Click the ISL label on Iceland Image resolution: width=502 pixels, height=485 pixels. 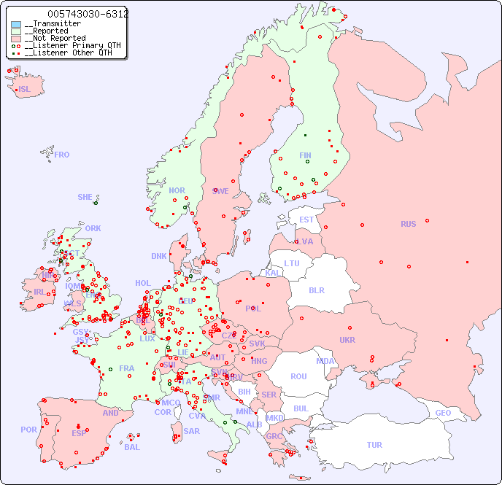[x=25, y=90]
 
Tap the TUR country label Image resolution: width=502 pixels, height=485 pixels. [x=374, y=445]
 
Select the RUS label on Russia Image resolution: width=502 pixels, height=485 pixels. [x=408, y=224]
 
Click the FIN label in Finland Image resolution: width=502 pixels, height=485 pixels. [x=305, y=155]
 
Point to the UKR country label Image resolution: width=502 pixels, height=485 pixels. [x=347, y=340]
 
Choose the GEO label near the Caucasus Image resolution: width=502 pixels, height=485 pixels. [x=443, y=413]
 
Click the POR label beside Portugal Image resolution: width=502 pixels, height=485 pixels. [x=28, y=430]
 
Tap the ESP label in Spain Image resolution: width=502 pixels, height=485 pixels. [x=79, y=433]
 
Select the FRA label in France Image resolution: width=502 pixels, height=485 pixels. [x=127, y=368]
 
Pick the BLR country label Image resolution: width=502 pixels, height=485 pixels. [x=317, y=290]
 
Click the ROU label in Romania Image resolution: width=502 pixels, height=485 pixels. [x=298, y=376]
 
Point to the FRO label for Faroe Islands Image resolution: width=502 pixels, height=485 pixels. [x=61, y=155]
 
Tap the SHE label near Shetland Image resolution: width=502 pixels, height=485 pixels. [x=85, y=197]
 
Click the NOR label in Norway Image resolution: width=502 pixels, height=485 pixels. [x=177, y=190]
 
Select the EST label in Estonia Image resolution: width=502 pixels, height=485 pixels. [x=306, y=220]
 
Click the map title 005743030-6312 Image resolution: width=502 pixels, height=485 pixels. [x=88, y=14]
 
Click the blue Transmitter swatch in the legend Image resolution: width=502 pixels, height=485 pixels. [x=16, y=24]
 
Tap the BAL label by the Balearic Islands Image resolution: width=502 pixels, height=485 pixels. [x=131, y=447]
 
